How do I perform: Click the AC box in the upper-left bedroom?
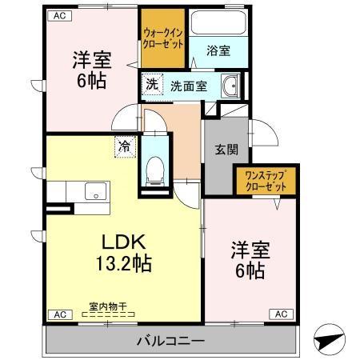click(60, 14)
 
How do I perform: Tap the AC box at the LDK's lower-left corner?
click(58, 314)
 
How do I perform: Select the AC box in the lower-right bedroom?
click(282, 314)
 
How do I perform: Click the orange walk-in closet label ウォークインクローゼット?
click(163, 38)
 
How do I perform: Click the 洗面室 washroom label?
click(189, 85)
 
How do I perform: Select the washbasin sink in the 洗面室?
click(231, 86)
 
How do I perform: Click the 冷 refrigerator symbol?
click(125, 146)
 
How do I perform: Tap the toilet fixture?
click(155, 169)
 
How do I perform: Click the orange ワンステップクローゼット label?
click(264, 179)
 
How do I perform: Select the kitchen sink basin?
click(95, 192)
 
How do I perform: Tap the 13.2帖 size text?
click(122, 263)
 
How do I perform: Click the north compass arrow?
click(329, 339)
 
